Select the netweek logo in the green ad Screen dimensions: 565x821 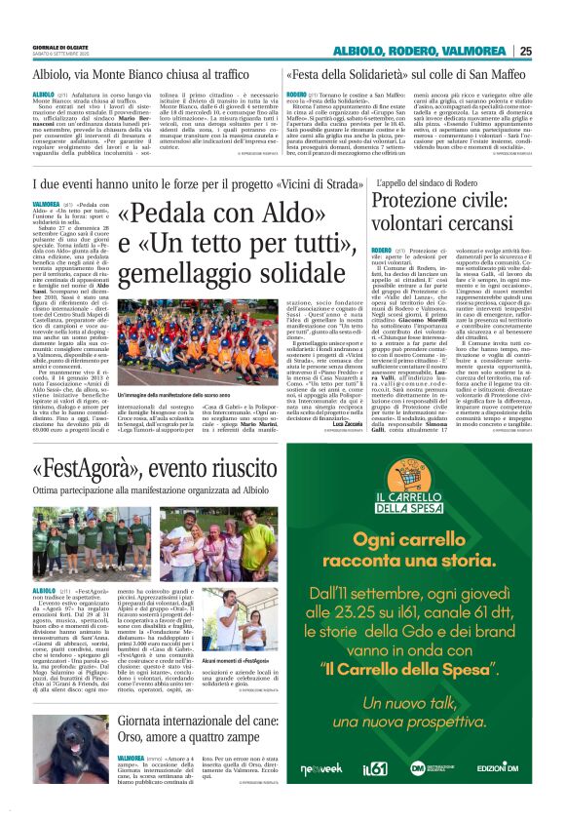pos(320,769)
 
